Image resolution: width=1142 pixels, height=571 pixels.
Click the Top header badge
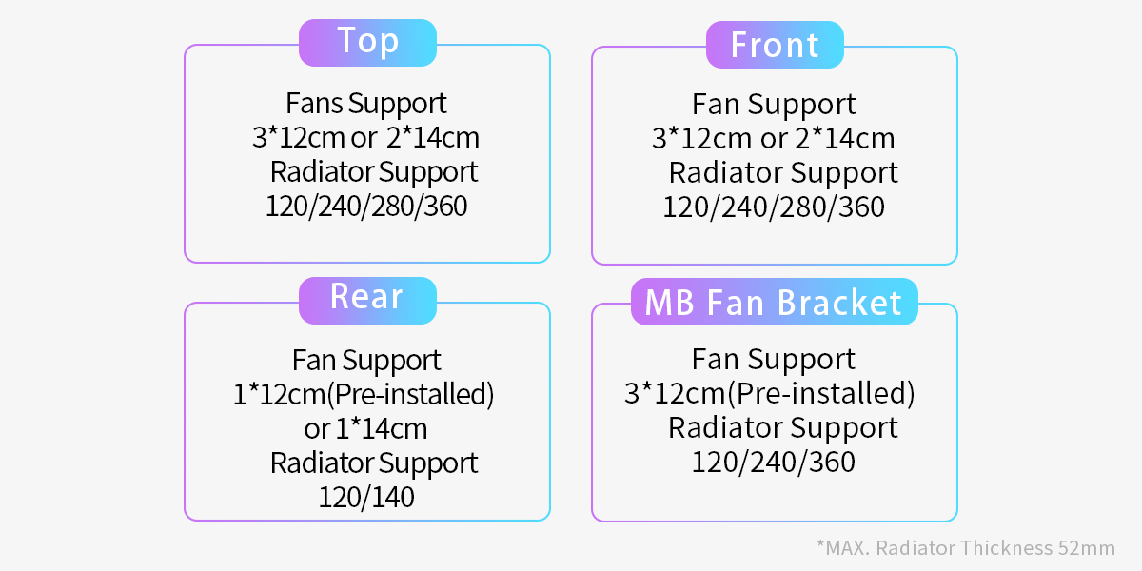point(367,43)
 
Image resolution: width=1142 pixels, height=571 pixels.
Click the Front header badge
point(775,45)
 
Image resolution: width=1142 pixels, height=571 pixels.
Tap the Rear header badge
point(367,301)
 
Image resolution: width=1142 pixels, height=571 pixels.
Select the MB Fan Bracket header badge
point(775,302)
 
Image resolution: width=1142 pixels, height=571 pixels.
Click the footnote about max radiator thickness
point(966,548)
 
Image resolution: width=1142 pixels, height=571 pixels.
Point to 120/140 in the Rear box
point(366,497)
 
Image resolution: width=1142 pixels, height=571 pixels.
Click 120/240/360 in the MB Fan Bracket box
point(774,462)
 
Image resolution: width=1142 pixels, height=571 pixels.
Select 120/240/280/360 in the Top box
point(366,206)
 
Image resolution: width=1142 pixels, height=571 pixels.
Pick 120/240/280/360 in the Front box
point(774,207)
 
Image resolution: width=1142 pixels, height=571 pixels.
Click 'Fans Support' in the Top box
point(366,104)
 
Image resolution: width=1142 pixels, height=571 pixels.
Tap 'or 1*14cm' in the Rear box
point(365,429)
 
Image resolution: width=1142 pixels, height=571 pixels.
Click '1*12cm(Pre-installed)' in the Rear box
point(364,394)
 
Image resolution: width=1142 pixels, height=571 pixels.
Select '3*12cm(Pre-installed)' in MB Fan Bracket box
point(770,393)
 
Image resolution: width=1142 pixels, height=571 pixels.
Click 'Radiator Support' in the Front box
point(783,173)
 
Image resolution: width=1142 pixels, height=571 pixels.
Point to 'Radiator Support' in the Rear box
point(374,463)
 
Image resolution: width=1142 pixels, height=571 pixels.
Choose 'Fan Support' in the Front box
point(774,105)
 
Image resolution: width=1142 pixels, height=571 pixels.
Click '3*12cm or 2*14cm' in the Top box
point(365,138)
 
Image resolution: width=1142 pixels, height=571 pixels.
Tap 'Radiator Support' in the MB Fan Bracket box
point(783,428)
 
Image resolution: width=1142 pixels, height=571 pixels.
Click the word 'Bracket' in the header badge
point(839,303)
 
